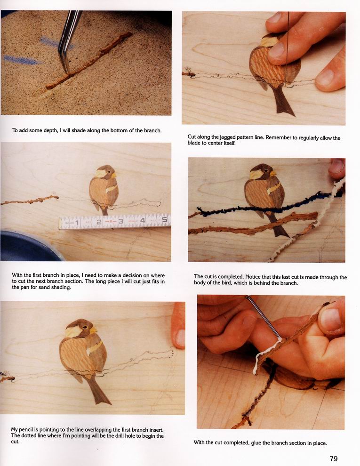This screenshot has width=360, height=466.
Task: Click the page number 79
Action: (334, 458)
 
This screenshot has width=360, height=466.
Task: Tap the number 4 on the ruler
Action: (143, 220)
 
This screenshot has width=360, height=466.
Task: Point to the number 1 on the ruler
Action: (77, 223)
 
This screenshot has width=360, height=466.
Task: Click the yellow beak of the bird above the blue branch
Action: (273, 173)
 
